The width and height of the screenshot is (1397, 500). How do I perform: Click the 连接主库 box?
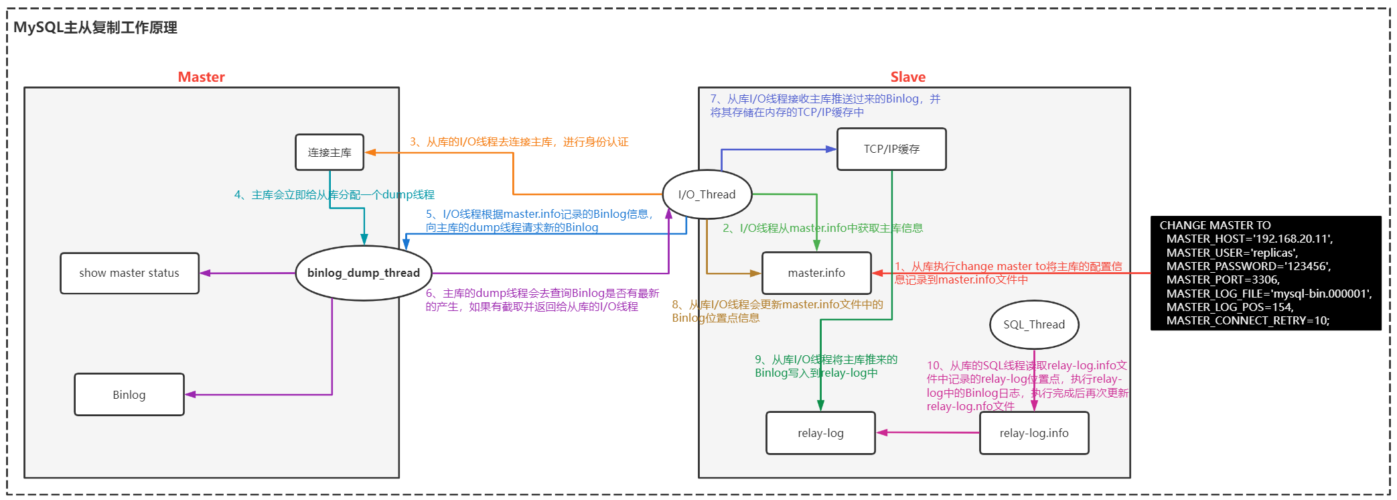(329, 152)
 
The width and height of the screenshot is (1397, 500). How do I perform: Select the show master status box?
(129, 273)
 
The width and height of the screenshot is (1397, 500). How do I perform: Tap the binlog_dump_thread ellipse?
(364, 273)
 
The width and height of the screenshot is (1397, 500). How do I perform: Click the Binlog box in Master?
(129, 395)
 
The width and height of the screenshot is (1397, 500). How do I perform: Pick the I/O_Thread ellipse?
(707, 194)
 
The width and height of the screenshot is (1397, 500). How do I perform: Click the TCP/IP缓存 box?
(891, 149)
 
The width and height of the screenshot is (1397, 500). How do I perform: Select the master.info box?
(816, 273)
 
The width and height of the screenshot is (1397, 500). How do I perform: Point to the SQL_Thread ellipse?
(1034, 324)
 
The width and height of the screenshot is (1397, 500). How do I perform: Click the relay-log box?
(820, 433)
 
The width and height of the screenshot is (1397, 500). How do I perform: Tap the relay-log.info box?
(1034, 433)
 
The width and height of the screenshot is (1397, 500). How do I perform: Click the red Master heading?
(202, 77)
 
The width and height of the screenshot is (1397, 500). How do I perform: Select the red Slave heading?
(908, 77)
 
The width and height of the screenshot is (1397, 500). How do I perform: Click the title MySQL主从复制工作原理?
(95, 27)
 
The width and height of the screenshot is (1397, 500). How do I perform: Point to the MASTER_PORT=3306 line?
(1223, 279)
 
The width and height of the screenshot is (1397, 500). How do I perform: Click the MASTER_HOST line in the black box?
(1250, 239)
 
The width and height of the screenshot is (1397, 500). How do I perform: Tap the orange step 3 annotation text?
(519, 142)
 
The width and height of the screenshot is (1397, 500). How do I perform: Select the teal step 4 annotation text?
(334, 195)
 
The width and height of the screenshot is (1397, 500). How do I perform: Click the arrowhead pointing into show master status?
(205, 273)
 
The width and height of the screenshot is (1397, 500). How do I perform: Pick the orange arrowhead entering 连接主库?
(370, 153)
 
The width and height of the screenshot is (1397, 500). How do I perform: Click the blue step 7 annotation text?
(825, 105)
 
